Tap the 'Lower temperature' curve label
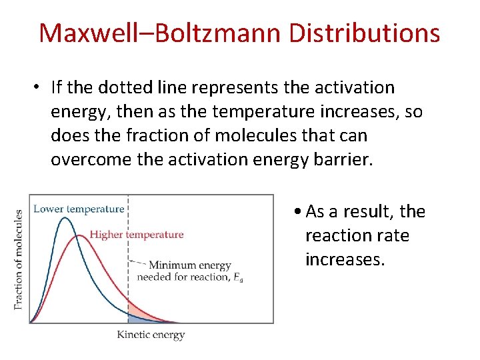point(79,209)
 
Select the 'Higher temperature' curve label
point(136,234)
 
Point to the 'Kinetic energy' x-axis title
point(151,335)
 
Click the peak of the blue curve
point(65,218)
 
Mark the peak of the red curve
point(80,235)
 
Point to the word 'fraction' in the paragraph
point(150,135)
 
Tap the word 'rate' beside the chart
point(394,235)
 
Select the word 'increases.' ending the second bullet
point(345,259)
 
